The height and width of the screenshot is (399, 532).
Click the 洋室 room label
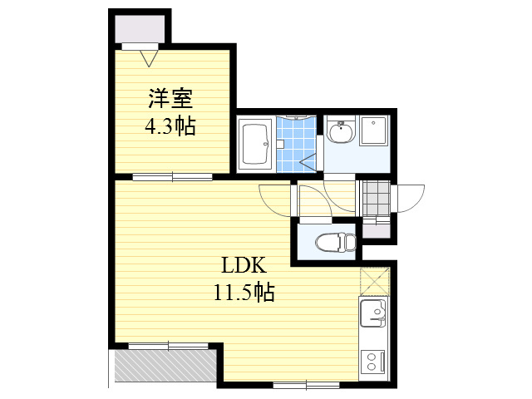pyautogui.click(x=170, y=99)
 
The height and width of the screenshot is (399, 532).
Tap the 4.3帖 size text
pyautogui.click(x=170, y=126)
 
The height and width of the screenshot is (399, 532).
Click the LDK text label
pyautogui.click(x=244, y=265)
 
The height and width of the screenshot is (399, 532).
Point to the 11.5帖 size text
pyautogui.click(x=244, y=292)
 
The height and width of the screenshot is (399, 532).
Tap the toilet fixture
pyautogui.click(x=335, y=242)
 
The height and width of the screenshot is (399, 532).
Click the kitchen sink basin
pyautogui.click(x=372, y=313)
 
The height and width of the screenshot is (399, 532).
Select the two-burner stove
pyautogui.click(x=373, y=362)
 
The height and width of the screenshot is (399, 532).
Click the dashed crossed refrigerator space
pyautogui.click(x=374, y=281)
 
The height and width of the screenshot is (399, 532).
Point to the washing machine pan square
pyautogui.click(x=373, y=131)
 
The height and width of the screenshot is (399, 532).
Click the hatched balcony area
pyautogui.click(x=165, y=365)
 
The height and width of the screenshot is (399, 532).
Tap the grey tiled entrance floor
pyautogui.click(x=376, y=199)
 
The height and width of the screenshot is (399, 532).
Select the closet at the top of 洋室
pyautogui.click(x=140, y=29)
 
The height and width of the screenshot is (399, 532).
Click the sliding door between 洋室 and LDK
pyautogui.click(x=172, y=177)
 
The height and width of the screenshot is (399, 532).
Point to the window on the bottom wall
pyautogui.click(x=307, y=386)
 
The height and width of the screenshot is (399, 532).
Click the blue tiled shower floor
pyautogui.click(x=296, y=144)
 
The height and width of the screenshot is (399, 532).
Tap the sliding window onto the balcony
pyautogui.click(x=168, y=346)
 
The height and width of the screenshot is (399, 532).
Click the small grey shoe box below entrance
pyautogui.click(x=377, y=231)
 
